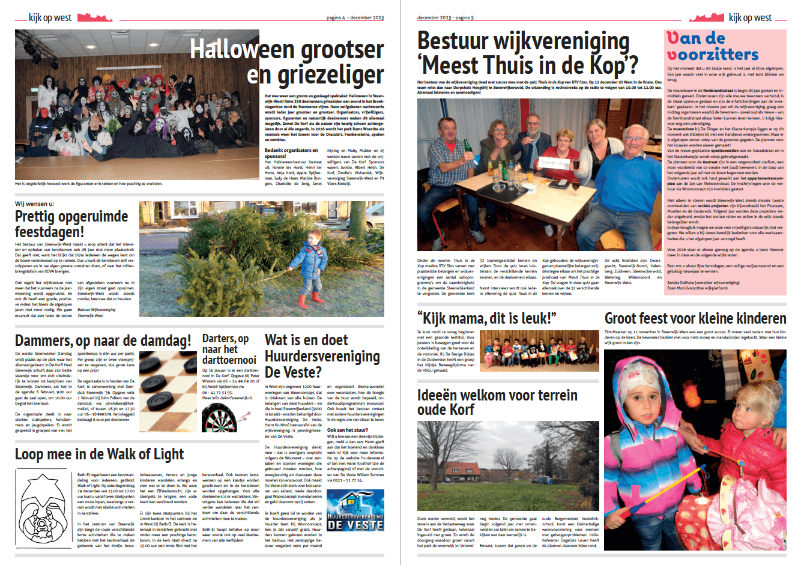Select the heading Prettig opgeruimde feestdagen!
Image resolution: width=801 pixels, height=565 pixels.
[x=71, y=224]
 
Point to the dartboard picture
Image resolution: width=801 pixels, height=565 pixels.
[x=220, y=418]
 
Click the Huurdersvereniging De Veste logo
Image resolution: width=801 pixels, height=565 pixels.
[x=355, y=512]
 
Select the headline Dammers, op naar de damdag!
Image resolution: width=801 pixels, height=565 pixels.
[x=103, y=341]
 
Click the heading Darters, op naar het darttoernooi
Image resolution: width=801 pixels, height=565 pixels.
[x=229, y=349]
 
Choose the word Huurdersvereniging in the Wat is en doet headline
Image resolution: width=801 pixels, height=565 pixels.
[x=322, y=356]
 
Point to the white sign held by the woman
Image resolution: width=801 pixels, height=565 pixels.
[x=555, y=162]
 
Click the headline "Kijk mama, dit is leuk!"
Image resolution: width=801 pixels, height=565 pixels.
[x=487, y=318]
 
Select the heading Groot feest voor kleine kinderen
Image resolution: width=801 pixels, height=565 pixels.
[x=695, y=318]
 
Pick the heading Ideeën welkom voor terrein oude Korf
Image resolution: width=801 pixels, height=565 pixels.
[x=497, y=402]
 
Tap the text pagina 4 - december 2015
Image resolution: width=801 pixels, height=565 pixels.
[x=355, y=18]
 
